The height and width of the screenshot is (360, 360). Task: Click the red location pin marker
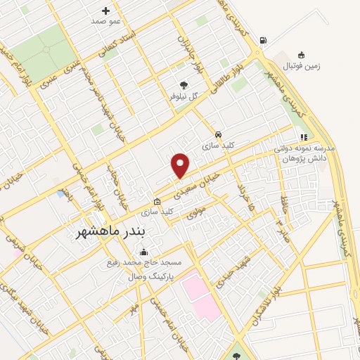[181, 166]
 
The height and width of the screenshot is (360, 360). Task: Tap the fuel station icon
[263, 40]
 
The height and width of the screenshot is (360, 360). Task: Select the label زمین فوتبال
[301, 66]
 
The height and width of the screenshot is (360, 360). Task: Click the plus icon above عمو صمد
[106, 11]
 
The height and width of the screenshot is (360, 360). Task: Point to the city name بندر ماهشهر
[108, 232]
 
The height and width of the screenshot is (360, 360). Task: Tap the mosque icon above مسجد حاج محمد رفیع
[144, 252]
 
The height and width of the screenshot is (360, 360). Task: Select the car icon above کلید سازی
[219, 134]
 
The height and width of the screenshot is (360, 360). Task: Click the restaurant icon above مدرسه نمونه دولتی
[304, 138]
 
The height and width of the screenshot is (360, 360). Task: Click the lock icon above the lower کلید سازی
[157, 202]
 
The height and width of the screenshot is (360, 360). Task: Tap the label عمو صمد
[106, 21]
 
